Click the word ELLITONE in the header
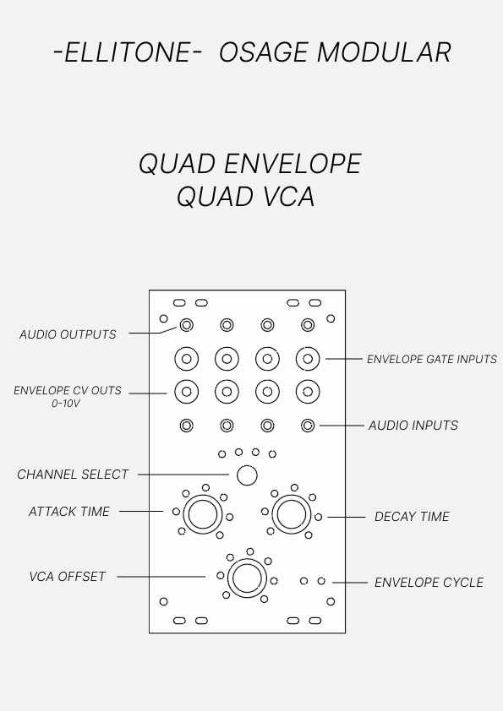[128, 52]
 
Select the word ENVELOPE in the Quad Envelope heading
[293, 163]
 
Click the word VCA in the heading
[289, 197]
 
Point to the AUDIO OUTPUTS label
[68, 334]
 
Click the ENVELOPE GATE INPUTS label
[432, 359]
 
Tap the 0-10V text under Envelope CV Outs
[66, 403]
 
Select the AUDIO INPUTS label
[413, 426]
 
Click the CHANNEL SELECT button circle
[247, 475]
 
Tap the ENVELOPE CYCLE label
[429, 582]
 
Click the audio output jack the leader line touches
[187, 325]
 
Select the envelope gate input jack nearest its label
[308, 359]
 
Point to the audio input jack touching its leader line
[308, 426]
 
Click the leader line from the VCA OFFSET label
[161, 577]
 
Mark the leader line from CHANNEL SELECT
[183, 475]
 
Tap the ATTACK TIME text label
[69, 512]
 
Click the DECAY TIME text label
[412, 517]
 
